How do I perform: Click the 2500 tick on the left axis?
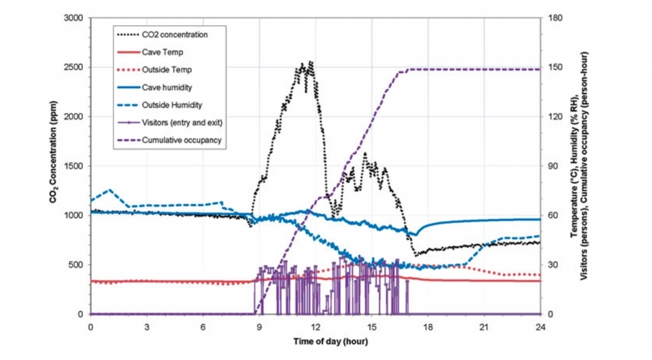[x=73, y=67]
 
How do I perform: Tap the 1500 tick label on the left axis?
[x=73, y=166]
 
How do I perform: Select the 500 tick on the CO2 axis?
[x=75, y=265]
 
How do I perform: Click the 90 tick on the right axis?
[x=554, y=166]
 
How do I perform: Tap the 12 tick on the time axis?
[x=315, y=327]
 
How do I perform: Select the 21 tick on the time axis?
[x=484, y=327]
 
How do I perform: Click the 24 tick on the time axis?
[x=540, y=327]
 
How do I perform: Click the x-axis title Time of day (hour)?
[x=315, y=342]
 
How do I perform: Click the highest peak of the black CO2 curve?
[x=311, y=62]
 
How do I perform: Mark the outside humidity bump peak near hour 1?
[x=110, y=190]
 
